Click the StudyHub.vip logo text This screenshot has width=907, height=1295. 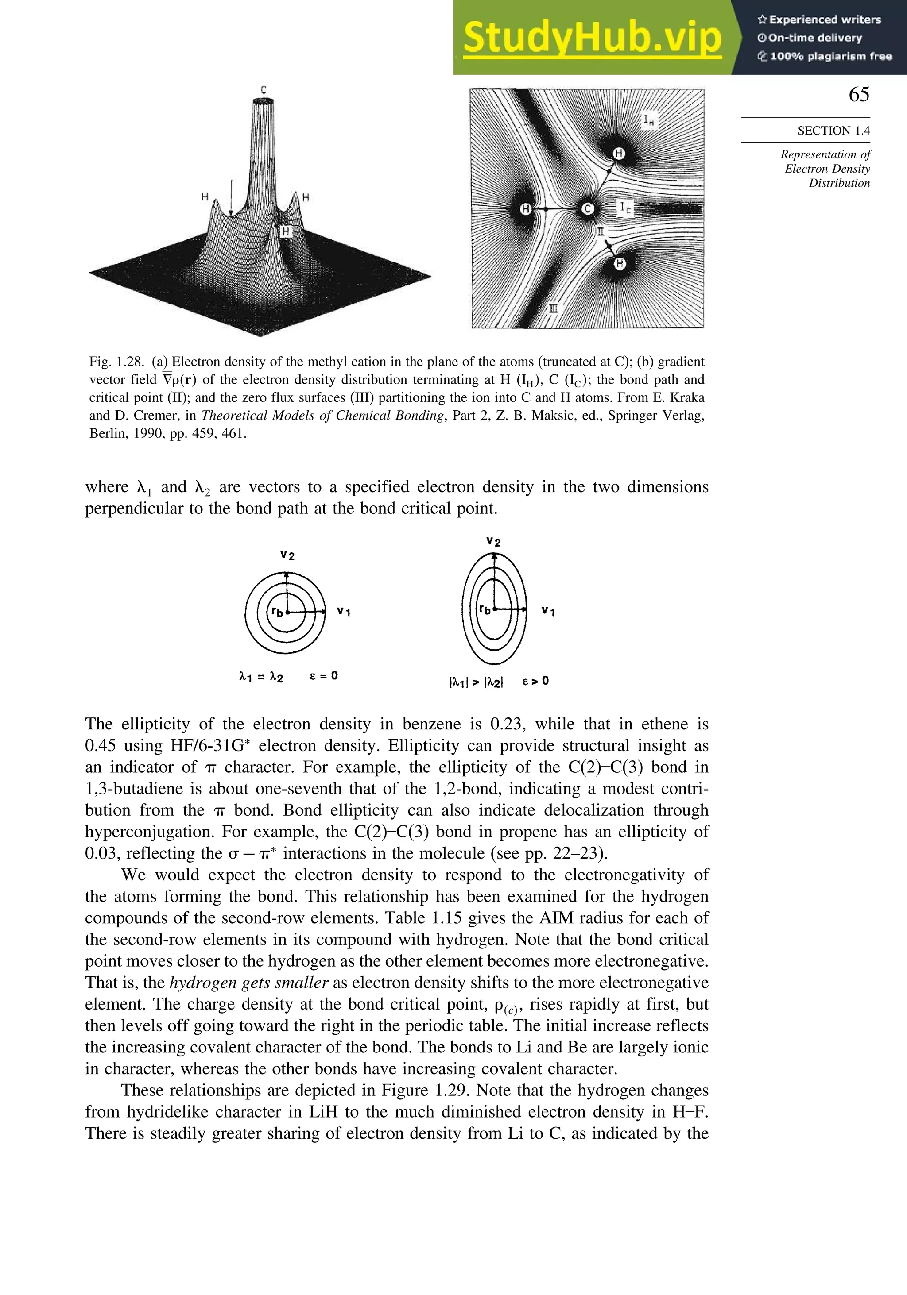click(x=592, y=39)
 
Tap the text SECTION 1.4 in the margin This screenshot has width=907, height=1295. click(x=833, y=131)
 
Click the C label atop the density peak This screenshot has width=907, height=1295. click(x=264, y=90)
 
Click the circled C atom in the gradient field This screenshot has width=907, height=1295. click(x=588, y=209)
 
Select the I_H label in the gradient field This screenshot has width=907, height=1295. click(x=649, y=119)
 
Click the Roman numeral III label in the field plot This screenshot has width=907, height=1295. click(x=554, y=308)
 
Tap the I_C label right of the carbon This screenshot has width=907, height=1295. click(x=625, y=208)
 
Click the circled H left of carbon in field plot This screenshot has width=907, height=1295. click(x=525, y=209)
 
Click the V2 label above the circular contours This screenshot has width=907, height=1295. click(x=287, y=556)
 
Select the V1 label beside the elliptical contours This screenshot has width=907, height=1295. click(x=547, y=611)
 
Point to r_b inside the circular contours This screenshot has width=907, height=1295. click(x=277, y=612)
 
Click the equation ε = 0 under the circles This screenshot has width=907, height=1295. click(x=324, y=676)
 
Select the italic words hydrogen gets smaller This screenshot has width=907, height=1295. click(x=249, y=983)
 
